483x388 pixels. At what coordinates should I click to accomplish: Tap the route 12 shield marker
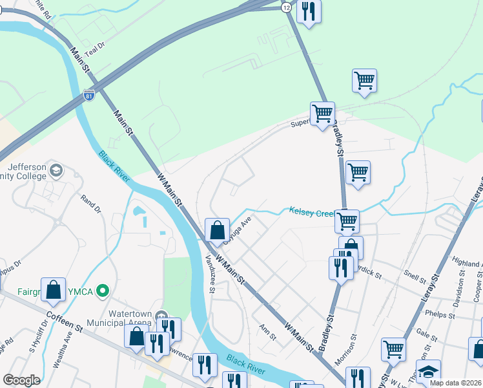(x=286, y=6)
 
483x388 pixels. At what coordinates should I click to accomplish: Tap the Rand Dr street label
(x=92, y=205)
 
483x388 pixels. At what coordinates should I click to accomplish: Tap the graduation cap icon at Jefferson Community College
(x=56, y=171)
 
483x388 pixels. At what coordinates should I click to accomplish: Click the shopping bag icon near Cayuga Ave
(x=217, y=229)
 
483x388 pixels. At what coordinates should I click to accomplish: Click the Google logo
(x=21, y=380)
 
